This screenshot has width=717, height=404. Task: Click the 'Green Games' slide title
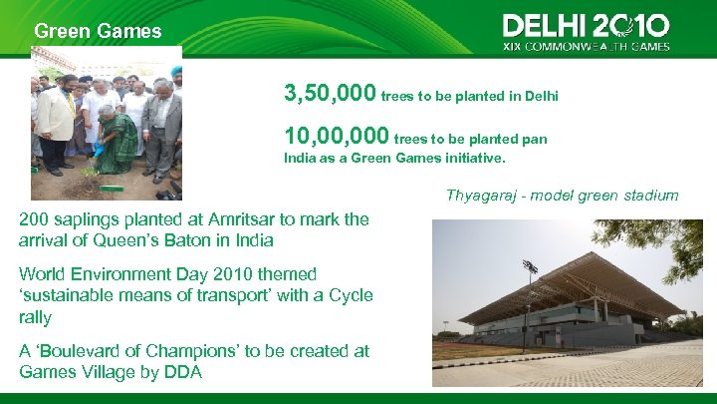tap(98, 31)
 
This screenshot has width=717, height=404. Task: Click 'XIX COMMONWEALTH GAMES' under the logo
tap(586, 46)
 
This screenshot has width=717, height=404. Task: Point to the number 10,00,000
tap(337, 136)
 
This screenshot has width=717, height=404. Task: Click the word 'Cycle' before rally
tap(352, 295)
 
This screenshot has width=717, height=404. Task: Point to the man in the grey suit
tap(159, 125)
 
